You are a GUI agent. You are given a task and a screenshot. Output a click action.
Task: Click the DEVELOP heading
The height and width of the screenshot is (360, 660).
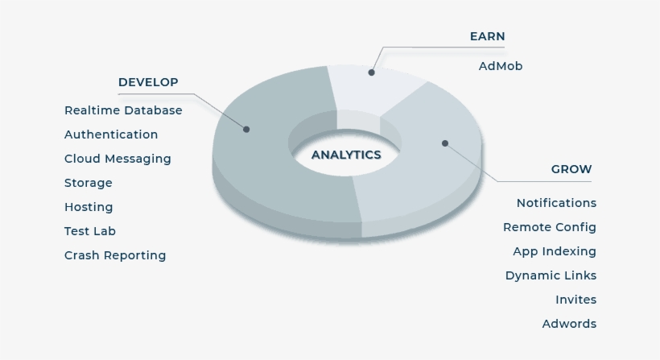pyautogui.click(x=148, y=82)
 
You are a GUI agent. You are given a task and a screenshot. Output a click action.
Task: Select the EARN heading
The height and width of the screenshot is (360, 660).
pyautogui.click(x=487, y=36)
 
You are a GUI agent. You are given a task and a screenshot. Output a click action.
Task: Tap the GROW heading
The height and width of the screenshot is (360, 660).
pyautogui.click(x=571, y=169)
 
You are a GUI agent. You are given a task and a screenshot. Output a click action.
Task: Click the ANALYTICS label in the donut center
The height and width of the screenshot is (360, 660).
pyautogui.click(x=346, y=155)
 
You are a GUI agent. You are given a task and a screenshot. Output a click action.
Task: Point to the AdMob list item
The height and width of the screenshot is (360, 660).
pyautogui.click(x=500, y=66)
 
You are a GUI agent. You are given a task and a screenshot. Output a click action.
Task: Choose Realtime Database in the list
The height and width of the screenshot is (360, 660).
pyautogui.click(x=123, y=110)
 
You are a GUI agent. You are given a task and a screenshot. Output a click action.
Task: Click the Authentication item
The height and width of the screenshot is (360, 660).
pyautogui.click(x=111, y=134)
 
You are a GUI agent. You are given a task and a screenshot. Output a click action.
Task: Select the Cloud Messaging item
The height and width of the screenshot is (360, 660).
pyautogui.click(x=118, y=159)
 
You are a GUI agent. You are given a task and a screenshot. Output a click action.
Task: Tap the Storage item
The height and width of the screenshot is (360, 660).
pyautogui.click(x=89, y=183)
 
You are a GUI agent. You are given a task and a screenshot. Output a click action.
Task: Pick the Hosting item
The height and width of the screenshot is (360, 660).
pyautogui.click(x=89, y=207)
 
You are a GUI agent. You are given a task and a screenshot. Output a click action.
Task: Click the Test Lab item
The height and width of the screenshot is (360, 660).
pyautogui.click(x=90, y=231)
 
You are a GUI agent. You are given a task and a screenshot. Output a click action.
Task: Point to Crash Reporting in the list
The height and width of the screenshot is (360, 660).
pyautogui.click(x=115, y=255)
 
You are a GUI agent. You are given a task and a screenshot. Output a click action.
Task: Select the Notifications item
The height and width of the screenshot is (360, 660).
pyautogui.click(x=556, y=203)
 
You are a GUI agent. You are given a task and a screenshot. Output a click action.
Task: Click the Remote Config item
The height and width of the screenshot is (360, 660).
pyautogui.click(x=550, y=227)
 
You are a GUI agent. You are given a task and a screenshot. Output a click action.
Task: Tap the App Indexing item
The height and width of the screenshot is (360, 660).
pyautogui.click(x=555, y=251)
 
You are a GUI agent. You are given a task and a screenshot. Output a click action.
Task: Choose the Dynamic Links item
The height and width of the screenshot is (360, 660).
pyautogui.click(x=551, y=275)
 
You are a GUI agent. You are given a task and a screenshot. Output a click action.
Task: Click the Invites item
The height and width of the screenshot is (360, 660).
pyautogui.click(x=575, y=300)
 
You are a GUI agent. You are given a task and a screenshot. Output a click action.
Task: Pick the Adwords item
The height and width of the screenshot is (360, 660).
pyautogui.click(x=569, y=324)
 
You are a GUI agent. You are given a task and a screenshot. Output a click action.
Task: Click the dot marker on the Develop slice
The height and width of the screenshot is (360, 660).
pyautogui.click(x=246, y=129)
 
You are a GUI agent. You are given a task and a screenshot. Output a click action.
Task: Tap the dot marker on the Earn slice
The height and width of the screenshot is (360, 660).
pyautogui.click(x=372, y=72)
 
